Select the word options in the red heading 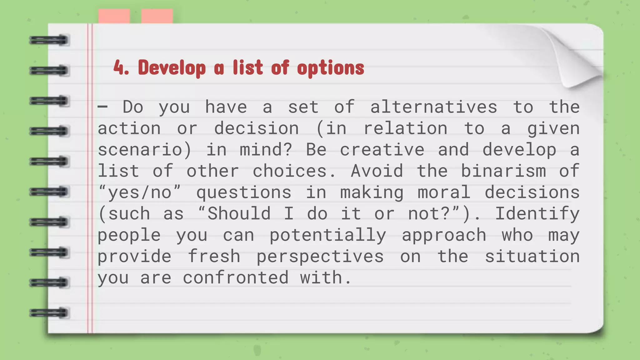pos(331,68)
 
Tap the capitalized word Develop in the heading pos(172,68)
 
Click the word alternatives pos(433,107)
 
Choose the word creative pos(382,150)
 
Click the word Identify pos(537,214)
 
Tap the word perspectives pos(320,257)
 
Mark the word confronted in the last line pos(236,277)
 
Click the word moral pos(444,192)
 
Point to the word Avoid pos(377,171)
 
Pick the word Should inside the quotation pos(239,214)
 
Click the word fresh pos(214,256)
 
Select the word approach pos(444,235)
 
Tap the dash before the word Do pos(102,107)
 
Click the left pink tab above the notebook pos(114,16)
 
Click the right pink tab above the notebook pos(157,16)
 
